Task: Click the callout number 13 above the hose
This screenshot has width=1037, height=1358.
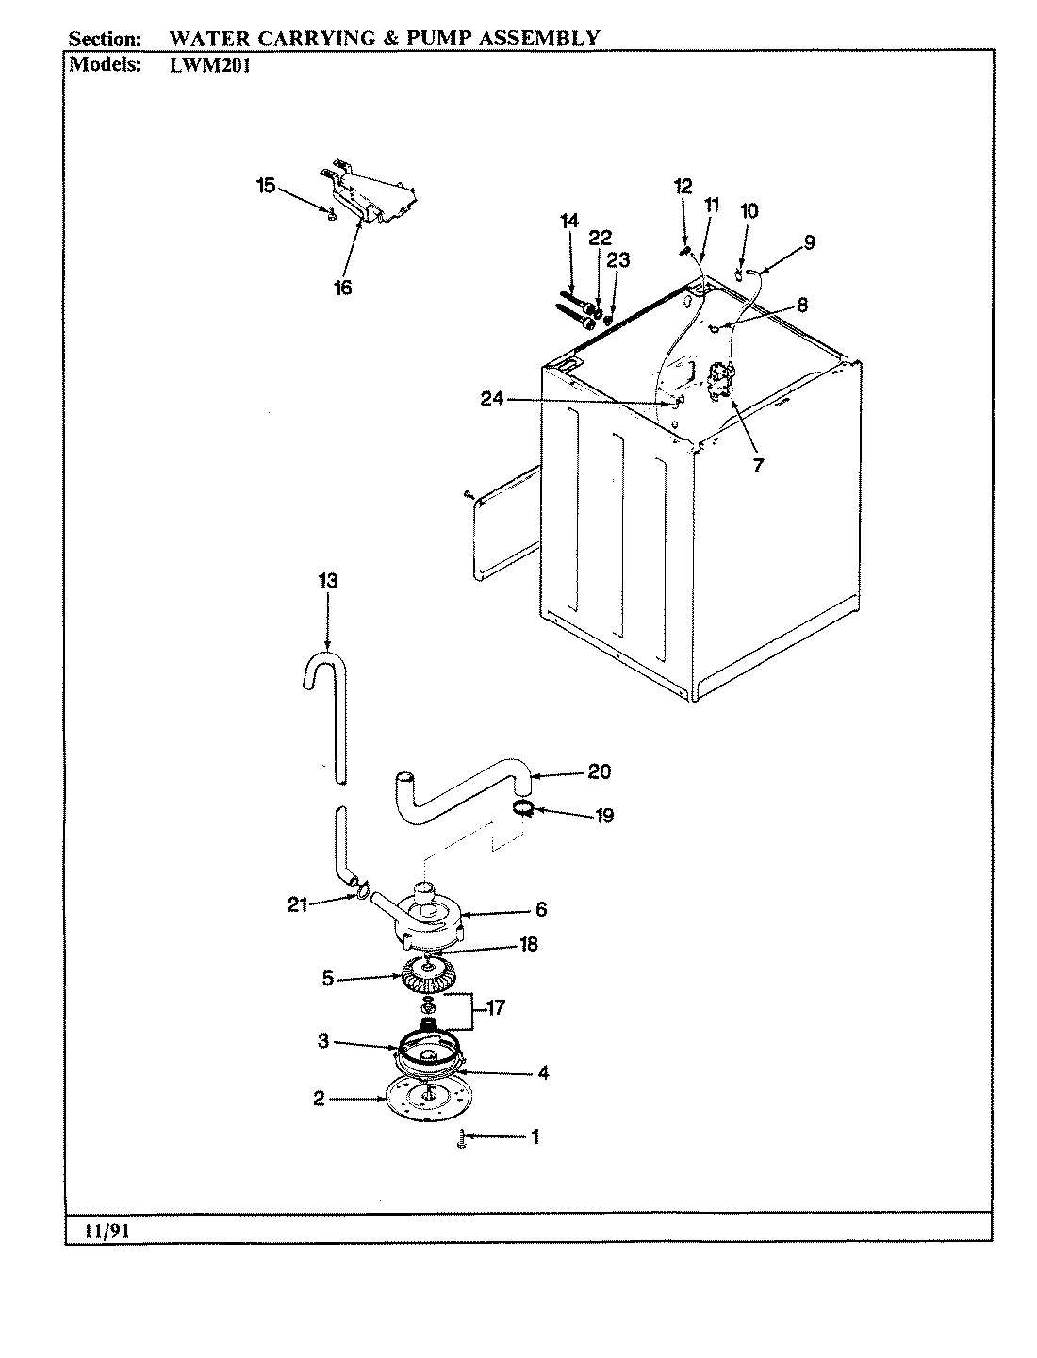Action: click(326, 581)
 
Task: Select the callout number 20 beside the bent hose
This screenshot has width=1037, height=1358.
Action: click(599, 771)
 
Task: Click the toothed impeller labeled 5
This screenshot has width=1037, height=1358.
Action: click(428, 976)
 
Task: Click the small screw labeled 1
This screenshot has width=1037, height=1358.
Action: click(460, 1139)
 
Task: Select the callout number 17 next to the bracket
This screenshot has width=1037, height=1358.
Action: click(495, 1008)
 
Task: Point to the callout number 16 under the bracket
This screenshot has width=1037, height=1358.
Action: click(342, 288)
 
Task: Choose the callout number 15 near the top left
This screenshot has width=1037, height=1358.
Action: click(266, 186)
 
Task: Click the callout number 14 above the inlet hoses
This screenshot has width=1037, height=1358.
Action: click(568, 222)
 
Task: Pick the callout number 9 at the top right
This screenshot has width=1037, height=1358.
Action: click(809, 242)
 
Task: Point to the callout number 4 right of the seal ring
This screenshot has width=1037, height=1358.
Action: click(543, 1073)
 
